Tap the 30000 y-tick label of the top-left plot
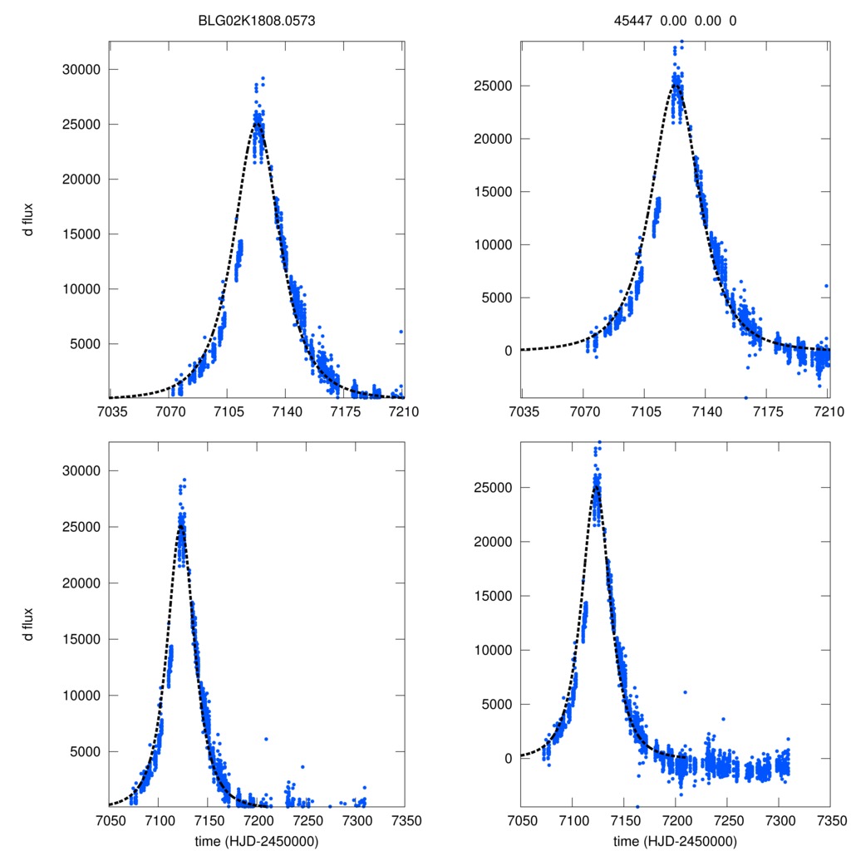(x=81, y=70)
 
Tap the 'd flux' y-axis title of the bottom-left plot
(x=28, y=625)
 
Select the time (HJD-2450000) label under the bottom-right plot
(x=675, y=840)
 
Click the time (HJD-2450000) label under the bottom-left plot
(x=258, y=840)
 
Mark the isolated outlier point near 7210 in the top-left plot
(x=401, y=331)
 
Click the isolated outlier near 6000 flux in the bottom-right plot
(x=685, y=692)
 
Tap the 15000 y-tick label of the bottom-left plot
(x=81, y=639)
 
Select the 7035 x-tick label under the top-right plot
(x=521, y=412)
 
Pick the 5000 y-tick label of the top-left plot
(x=84, y=344)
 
